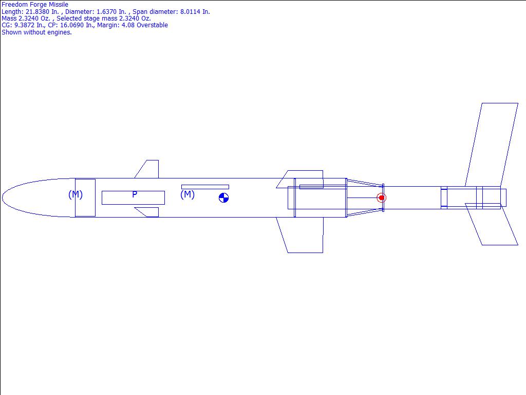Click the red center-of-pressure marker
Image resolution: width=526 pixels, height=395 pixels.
click(382, 198)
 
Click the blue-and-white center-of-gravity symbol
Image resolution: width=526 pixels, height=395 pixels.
click(224, 198)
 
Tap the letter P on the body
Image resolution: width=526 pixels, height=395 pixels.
click(135, 194)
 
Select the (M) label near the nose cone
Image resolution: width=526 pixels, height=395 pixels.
click(76, 194)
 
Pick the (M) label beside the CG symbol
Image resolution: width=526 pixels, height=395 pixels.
click(187, 194)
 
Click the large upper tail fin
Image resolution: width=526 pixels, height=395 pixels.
click(492, 145)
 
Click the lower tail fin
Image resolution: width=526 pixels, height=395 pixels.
click(492, 224)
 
